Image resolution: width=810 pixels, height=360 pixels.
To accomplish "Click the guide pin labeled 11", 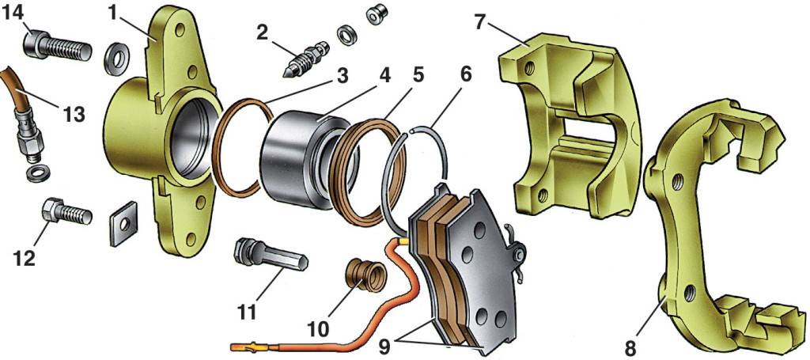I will coord(269,258).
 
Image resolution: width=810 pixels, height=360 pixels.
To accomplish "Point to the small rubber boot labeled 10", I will coord(365,277).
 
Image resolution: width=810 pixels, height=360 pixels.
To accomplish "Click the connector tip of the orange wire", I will coord(241,347).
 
